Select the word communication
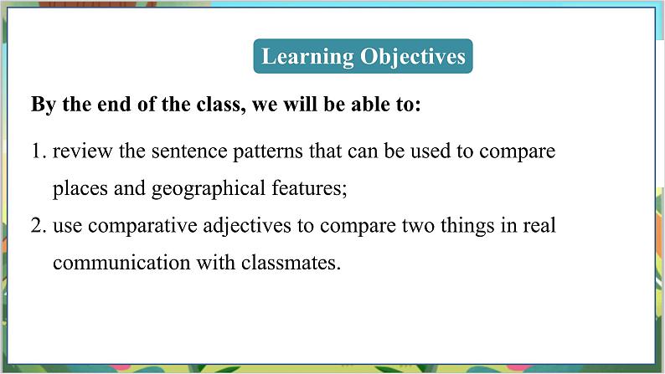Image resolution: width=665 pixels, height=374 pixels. pos(119,262)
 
